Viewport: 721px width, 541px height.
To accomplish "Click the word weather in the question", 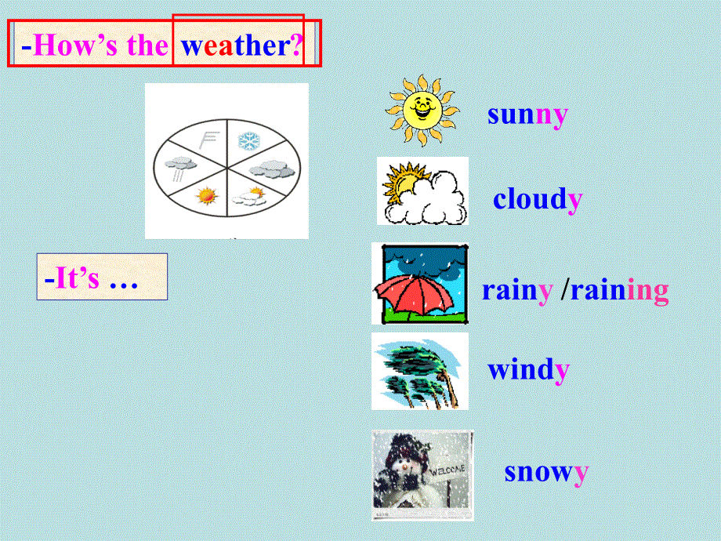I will point(236,45).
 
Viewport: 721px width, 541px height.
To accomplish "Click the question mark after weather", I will point(297,45).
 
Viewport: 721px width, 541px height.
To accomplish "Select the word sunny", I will point(527,114).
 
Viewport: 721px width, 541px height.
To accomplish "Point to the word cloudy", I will point(538,199).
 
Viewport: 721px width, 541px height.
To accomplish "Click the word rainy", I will point(516,290).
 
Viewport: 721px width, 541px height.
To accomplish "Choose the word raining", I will point(619,291).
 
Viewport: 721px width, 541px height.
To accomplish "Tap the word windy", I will point(528,369).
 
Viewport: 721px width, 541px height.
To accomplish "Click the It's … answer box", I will point(102,277).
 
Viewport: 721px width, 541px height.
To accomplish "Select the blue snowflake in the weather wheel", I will point(249,141).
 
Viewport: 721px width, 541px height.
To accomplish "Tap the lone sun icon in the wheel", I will point(207,195).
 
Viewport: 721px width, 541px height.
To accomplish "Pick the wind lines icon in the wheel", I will point(208,141).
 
